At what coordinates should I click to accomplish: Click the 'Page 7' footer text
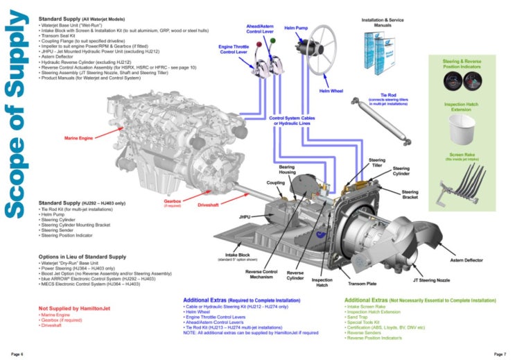[x=500, y=354]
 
